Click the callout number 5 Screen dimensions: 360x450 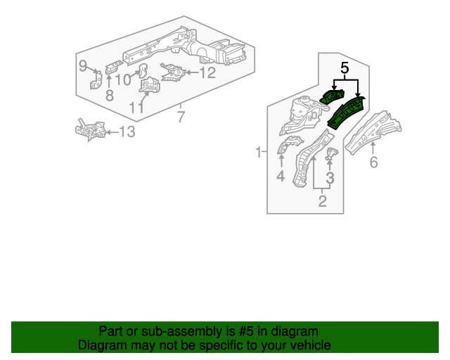345,68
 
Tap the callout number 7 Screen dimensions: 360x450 181,116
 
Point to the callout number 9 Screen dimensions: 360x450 83,66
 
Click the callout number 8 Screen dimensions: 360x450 109,95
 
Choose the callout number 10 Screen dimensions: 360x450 123,79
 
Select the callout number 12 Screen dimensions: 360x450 207,72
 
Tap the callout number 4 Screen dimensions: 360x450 281,176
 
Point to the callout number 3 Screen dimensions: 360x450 329,178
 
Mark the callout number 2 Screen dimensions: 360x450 323,202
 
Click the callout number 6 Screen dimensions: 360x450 373,162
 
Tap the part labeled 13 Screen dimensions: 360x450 91,130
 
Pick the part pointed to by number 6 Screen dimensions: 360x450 373,131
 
